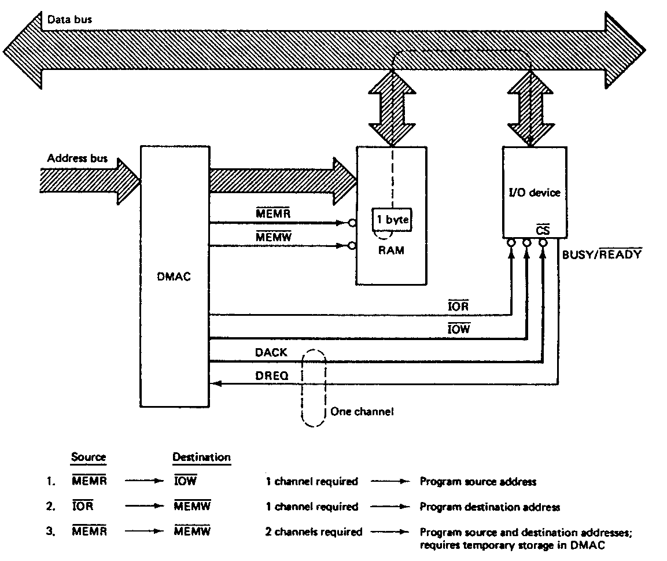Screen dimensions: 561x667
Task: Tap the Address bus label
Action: (78, 158)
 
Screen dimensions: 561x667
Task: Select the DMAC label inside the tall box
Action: (174, 276)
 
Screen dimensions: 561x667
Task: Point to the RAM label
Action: (391, 251)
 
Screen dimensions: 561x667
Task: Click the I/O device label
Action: (533, 192)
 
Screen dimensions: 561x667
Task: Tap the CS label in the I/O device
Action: (543, 230)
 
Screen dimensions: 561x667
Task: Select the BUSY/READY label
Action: (602, 253)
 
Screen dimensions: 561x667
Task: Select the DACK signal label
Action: (271, 352)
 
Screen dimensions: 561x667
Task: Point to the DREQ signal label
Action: (271, 375)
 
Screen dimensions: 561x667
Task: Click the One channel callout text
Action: (362, 412)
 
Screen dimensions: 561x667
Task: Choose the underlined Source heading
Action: (89, 457)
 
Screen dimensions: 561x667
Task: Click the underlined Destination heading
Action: (201, 457)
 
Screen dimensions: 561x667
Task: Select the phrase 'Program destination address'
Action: (489, 507)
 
